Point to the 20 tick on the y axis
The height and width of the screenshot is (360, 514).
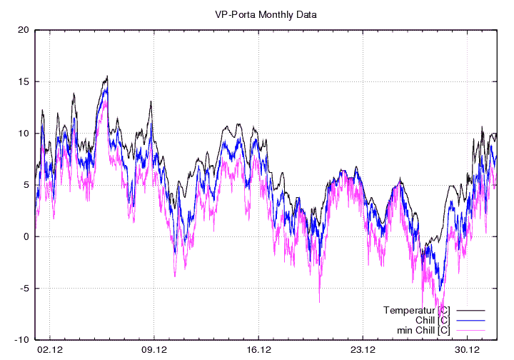(23, 30)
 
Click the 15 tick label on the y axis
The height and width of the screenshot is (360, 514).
(23, 81)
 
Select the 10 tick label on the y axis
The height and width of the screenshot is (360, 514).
(23, 134)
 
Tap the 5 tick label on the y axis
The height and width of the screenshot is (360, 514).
(25, 185)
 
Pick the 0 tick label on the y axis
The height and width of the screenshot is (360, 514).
(25, 236)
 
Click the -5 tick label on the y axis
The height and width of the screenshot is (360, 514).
(23, 289)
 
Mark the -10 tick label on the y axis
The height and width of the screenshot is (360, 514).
(21, 340)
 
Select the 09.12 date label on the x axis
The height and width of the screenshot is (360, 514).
(154, 350)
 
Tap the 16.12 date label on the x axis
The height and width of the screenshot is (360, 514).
(258, 350)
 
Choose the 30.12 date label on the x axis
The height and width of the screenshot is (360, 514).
(467, 350)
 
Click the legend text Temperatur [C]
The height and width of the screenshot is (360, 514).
(416, 310)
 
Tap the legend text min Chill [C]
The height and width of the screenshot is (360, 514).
(423, 330)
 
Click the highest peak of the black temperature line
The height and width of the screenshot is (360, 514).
(107, 76)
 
